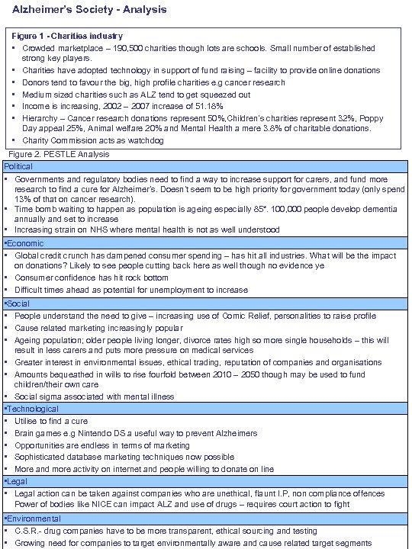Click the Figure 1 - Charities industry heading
click(68, 36)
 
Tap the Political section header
click(19, 166)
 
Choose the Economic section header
click(24, 242)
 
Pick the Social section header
click(18, 303)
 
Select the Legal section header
click(15, 481)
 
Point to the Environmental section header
click(32, 518)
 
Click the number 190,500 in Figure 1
click(125, 48)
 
